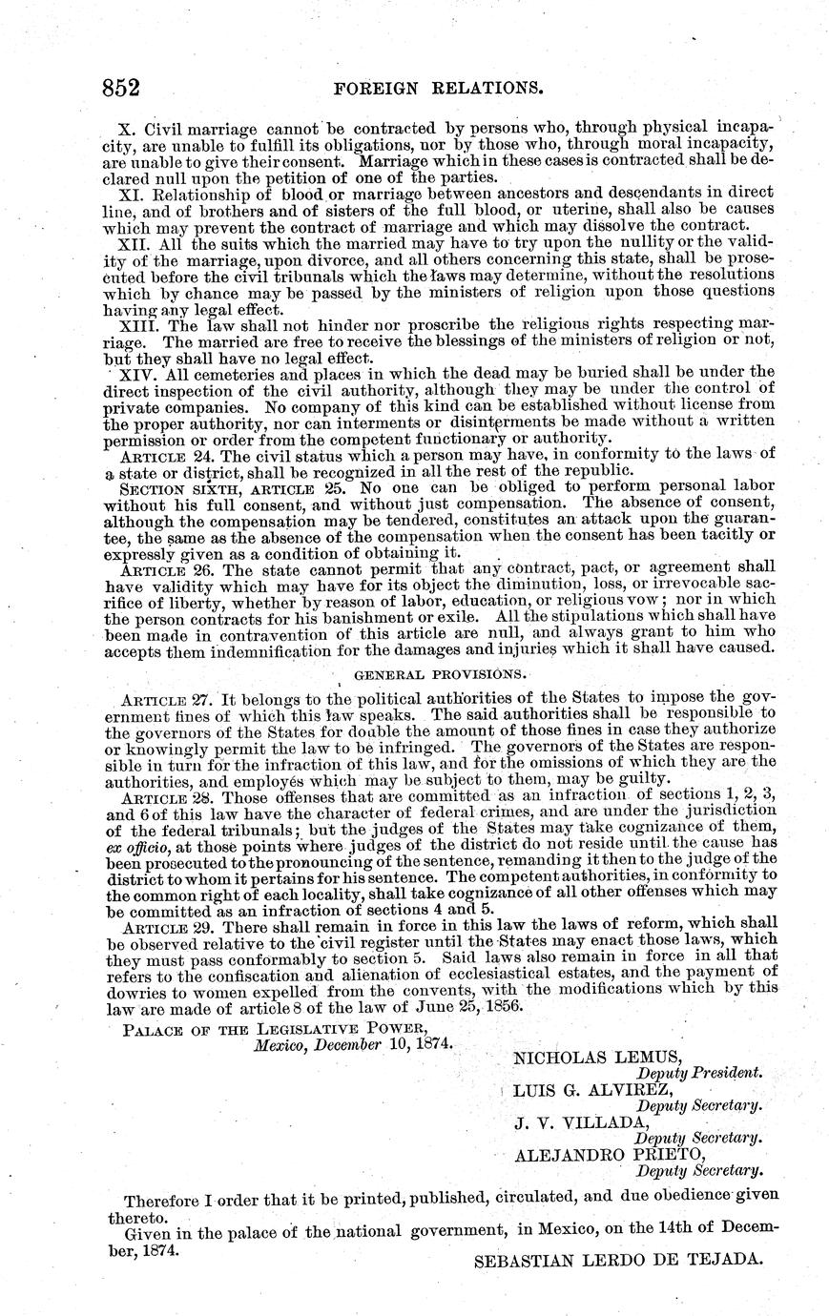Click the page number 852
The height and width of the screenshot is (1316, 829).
[122, 89]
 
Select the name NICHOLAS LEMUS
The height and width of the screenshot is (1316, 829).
[598, 1057]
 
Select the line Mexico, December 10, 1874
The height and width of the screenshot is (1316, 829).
[353, 1043]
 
